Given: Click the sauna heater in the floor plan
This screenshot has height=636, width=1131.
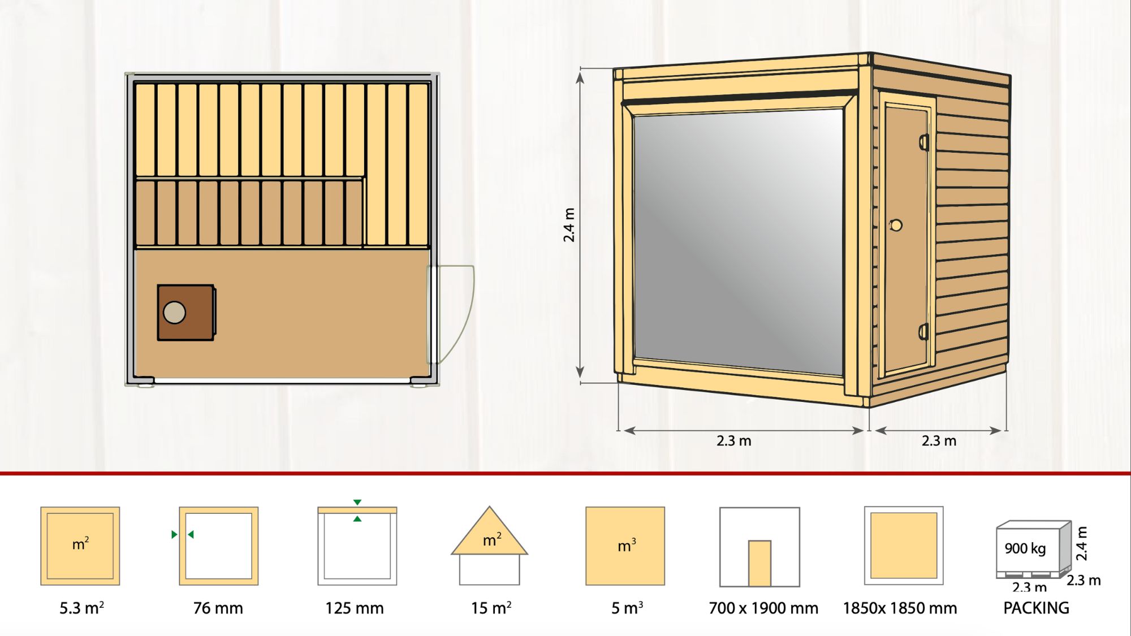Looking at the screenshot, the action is pos(186,313).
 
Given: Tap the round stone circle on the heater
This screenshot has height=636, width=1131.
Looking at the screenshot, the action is pos(174,313).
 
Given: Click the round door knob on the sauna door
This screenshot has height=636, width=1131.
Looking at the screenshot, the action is pos(896,226).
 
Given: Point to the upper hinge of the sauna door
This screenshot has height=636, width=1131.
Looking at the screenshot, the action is pos(924,142).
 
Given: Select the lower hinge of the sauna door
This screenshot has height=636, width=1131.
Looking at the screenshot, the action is pos(924,332).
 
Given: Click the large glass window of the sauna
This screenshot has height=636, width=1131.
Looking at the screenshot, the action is pos(739,242).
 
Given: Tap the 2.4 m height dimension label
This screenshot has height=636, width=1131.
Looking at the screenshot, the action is pos(569,225).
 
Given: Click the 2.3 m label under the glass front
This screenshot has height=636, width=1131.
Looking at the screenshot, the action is pos(734,441).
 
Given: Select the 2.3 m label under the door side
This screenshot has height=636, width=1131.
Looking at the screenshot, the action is pos(939,441).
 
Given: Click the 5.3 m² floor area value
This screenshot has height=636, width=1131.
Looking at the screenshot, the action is pos(82,608).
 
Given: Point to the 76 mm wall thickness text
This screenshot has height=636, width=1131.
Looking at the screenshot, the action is pos(218,608).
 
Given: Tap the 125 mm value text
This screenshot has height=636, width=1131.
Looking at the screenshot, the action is pos(355,608).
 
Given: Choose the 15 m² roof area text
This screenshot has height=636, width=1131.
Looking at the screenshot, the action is pos(491,608).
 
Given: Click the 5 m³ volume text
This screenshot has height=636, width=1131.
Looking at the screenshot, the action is pos(627,608).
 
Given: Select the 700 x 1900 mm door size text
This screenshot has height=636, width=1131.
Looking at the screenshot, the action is pos(763,608).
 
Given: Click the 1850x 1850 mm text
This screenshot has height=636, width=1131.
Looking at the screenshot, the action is pos(900,608).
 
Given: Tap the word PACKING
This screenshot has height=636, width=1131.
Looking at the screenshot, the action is pos(1036,608).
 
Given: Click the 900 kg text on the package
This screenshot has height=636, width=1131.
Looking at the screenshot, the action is pos(1025,548).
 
